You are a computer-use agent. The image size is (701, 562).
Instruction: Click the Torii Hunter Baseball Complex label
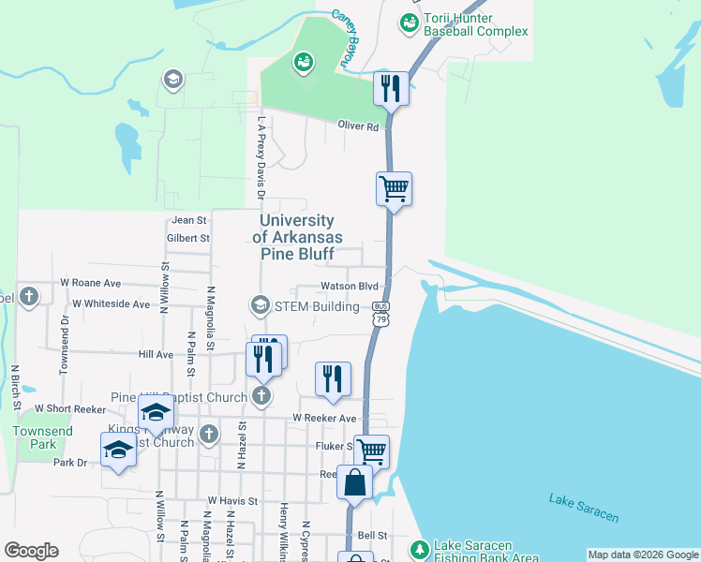[x=476, y=24]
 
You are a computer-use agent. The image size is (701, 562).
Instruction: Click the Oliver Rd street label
[x=359, y=126]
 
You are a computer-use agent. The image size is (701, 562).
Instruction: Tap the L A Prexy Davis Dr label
[x=261, y=157]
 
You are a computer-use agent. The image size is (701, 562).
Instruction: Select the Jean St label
[x=188, y=220]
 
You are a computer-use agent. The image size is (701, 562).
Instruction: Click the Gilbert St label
[x=188, y=239]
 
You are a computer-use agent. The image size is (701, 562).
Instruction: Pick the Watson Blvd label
[x=349, y=286]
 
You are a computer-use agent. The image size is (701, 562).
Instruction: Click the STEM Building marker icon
[x=259, y=305]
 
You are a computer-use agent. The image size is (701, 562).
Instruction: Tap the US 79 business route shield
[x=380, y=313]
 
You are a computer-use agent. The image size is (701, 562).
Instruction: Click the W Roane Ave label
[x=90, y=282]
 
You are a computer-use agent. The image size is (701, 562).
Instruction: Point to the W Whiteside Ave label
[x=111, y=303]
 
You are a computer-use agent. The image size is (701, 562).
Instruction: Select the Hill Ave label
[x=156, y=355]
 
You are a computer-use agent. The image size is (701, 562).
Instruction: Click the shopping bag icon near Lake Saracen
[x=356, y=482]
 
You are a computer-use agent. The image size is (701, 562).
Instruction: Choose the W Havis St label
[x=232, y=501]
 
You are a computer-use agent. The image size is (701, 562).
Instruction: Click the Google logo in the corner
[x=32, y=551]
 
